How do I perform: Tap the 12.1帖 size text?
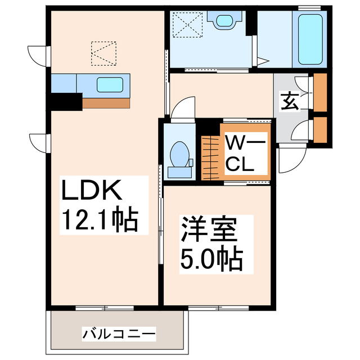[x=99, y=220]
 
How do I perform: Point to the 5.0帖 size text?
[x=210, y=259]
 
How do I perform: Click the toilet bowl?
[x=180, y=154]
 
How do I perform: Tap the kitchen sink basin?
[x=109, y=85]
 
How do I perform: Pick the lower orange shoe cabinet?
[x=321, y=129]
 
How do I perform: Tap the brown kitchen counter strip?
[x=106, y=103]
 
